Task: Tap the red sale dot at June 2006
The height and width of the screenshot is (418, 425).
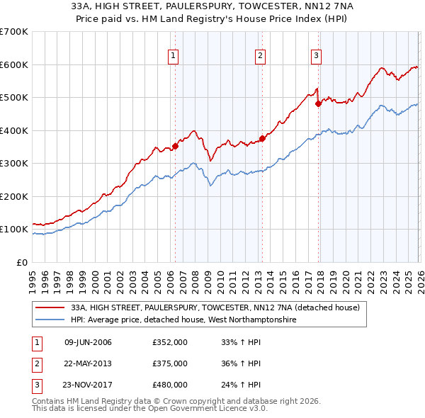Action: pyautogui.click(x=175, y=147)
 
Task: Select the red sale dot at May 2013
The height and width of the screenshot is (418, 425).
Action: pyautogui.click(x=262, y=139)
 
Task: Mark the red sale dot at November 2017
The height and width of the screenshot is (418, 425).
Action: pyautogui.click(x=318, y=104)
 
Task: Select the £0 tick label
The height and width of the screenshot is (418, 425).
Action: pyautogui.click(x=21, y=262)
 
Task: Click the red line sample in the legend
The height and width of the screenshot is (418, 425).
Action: pyautogui.click(x=50, y=307)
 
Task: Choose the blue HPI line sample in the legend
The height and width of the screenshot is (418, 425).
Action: pyautogui.click(x=50, y=320)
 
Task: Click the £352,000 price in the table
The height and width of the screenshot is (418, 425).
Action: pyautogui.click(x=169, y=342)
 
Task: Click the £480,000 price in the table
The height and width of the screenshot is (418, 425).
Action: pyautogui.click(x=169, y=385)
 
